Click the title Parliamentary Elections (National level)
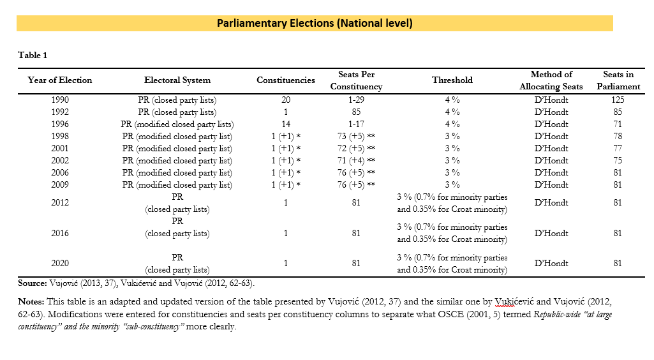(x=315, y=23)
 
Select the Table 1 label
(x=33, y=55)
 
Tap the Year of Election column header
(x=59, y=80)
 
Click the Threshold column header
(x=452, y=80)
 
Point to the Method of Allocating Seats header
(x=551, y=80)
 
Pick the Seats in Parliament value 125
(x=618, y=100)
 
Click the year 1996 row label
(x=60, y=124)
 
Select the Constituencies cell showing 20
(x=286, y=100)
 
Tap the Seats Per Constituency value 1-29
(x=356, y=100)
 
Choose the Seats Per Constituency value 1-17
(x=356, y=124)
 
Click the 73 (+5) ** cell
(x=356, y=137)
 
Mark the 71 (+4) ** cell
(x=356, y=161)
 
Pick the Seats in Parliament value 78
(x=618, y=137)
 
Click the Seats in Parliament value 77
(x=618, y=149)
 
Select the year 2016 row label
(x=60, y=233)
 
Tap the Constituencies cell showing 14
(x=286, y=124)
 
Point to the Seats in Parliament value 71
(x=618, y=124)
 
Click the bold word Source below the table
(x=33, y=283)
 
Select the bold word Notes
(x=31, y=302)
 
